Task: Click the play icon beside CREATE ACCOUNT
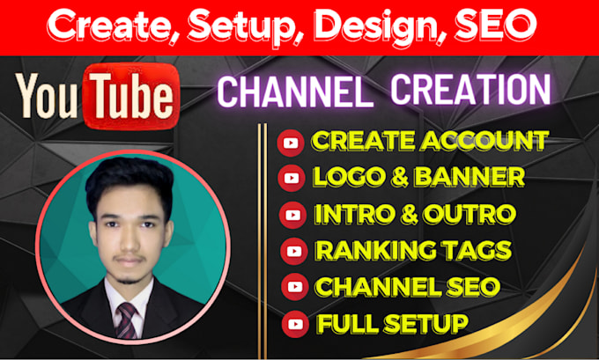(289, 143)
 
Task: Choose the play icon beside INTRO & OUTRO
(290, 215)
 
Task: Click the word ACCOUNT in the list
(486, 141)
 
